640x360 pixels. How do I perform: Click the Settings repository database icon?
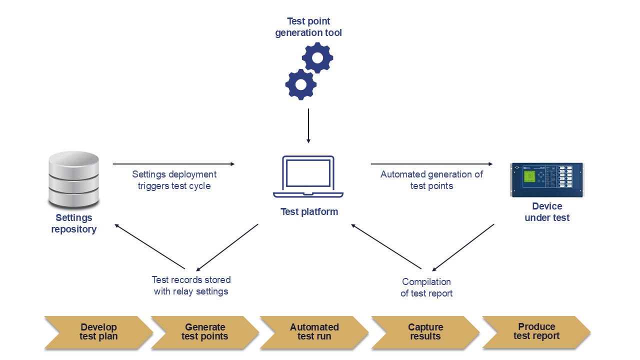tap(73, 180)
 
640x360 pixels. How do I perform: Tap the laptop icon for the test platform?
tap(308, 176)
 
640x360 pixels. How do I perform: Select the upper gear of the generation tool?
tap(317, 58)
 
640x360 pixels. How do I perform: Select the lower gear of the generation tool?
tap(300, 84)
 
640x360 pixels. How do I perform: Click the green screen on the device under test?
tap(529, 177)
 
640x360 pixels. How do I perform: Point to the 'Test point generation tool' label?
tap(308, 27)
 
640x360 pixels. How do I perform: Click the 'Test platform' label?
tap(309, 211)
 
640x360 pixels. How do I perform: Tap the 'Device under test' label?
tap(547, 212)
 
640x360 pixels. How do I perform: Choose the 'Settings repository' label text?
tap(73, 223)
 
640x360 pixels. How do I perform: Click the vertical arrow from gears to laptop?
tap(308, 125)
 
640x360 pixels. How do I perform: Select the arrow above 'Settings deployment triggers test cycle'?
tap(173, 163)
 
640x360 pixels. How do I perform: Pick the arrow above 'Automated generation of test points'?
tap(431, 163)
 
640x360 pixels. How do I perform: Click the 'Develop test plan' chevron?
tap(98, 332)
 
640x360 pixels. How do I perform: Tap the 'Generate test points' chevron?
tap(204, 332)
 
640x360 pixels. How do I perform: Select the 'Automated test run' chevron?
tap(314, 332)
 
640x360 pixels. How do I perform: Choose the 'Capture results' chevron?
tap(425, 332)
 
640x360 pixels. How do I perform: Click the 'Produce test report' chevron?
tap(536, 331)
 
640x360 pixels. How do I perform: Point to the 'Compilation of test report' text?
tap(426, 287)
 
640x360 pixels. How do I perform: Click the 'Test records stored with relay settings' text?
tap(191, 285)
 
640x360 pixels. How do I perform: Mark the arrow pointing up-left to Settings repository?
tap(150, 246)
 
